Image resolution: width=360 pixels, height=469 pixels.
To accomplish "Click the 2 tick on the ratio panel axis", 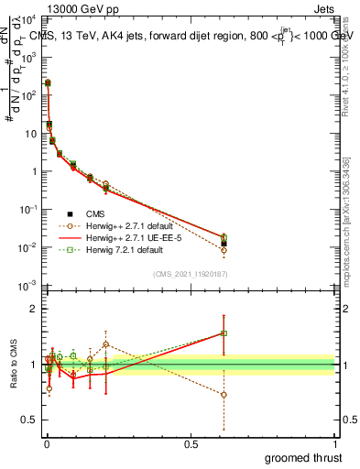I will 33,309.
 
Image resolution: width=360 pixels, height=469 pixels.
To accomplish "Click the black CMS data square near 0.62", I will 224,244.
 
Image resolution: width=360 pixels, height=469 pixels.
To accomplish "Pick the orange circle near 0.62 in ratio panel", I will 224,395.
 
